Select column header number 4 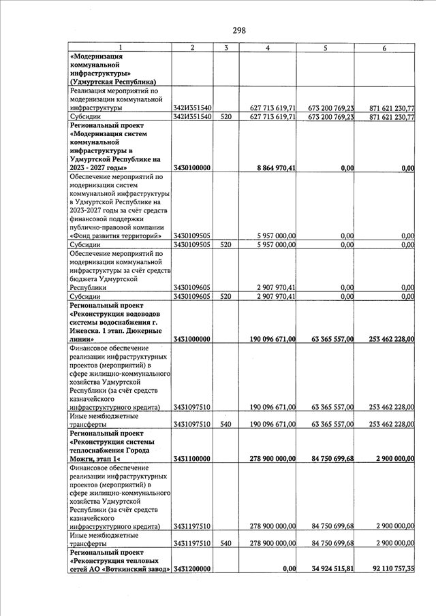(x=268, y=47)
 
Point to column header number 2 (x=192, y=47)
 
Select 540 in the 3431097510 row (x=225, y=424)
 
